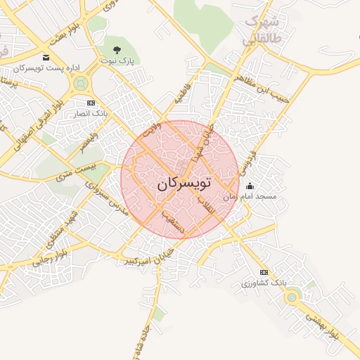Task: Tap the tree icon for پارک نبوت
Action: click(117, 49)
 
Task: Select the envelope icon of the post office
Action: click(46, 58)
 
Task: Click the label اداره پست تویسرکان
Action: click(47, 68)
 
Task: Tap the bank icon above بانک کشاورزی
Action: click(264, 272)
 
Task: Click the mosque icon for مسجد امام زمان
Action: click(249, 186)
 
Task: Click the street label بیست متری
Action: click(74, 169)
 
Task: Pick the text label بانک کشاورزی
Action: click(261, 283)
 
